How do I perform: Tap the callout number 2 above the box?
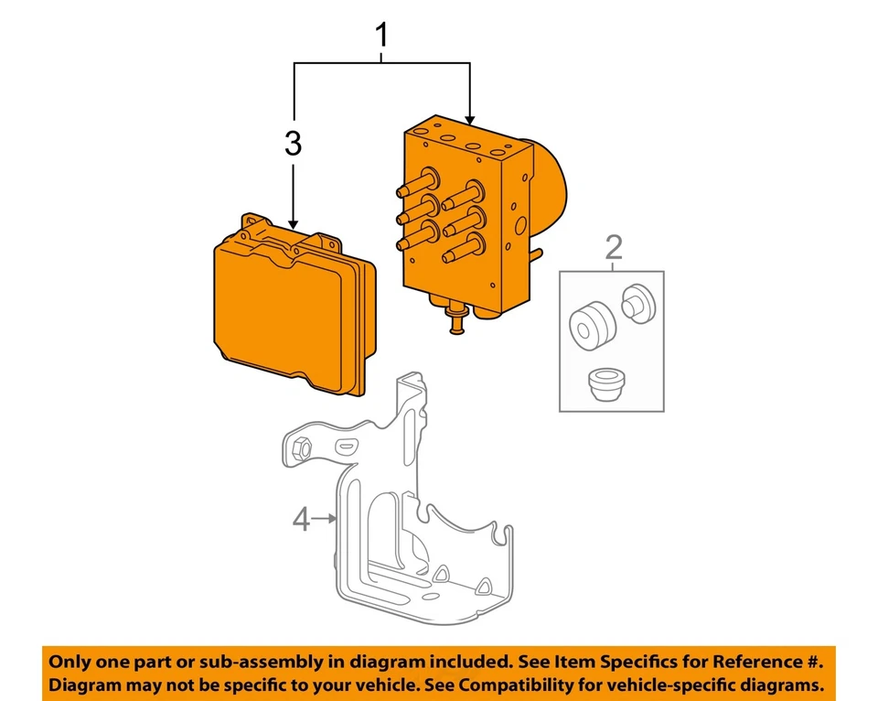(613, 247)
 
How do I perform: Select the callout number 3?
(292, 144)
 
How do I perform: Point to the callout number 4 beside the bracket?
(302, 520)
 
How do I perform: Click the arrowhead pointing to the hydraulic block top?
(470, 119)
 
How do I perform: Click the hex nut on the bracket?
(302, 448)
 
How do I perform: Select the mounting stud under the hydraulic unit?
(456, 322)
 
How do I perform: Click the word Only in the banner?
(70, 662)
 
